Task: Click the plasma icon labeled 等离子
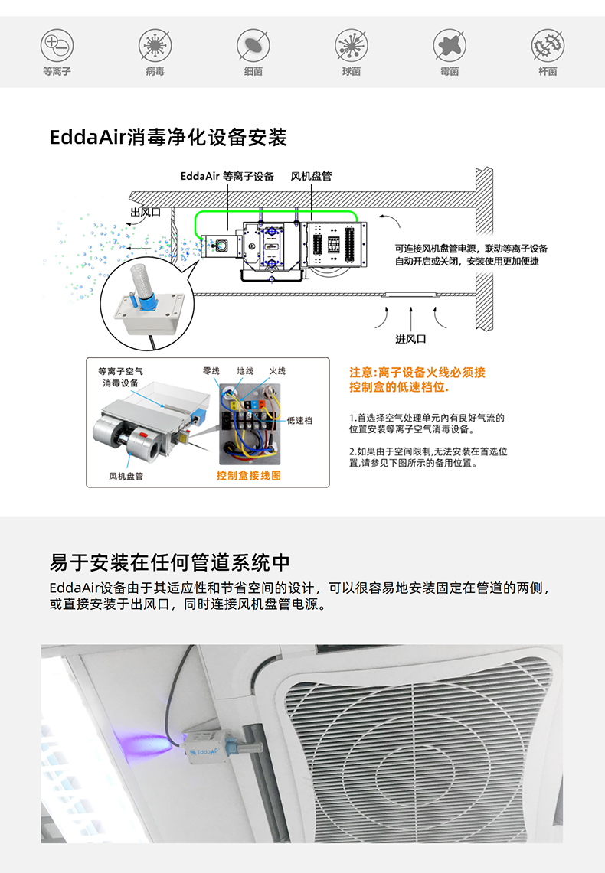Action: (x=57, y=45)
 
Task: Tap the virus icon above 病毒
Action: (x=155, y=45)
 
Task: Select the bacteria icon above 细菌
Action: (x=253, y=45)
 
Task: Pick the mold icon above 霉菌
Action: (x=450, y=45)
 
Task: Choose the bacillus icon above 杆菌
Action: (x=548, y=45)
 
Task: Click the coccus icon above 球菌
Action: (x=352, y=45)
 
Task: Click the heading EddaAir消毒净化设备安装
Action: (x=168, y=138)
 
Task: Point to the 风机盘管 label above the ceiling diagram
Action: (x=312, y=177)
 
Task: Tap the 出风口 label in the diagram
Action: (x=146, y=212)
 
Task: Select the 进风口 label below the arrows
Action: (x=411, y=339)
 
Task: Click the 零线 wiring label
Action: (x=211, y=371)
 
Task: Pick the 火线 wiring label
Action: (x=277, y=371)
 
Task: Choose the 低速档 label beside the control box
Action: (x=299, y=421)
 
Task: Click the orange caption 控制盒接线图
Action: (x=249, y=475)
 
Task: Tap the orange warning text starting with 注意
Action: (x=417, y=379)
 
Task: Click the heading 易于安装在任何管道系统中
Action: (x=169, y=562)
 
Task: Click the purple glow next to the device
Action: (x=157, y=740)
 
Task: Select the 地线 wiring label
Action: (x=245, y=371)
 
